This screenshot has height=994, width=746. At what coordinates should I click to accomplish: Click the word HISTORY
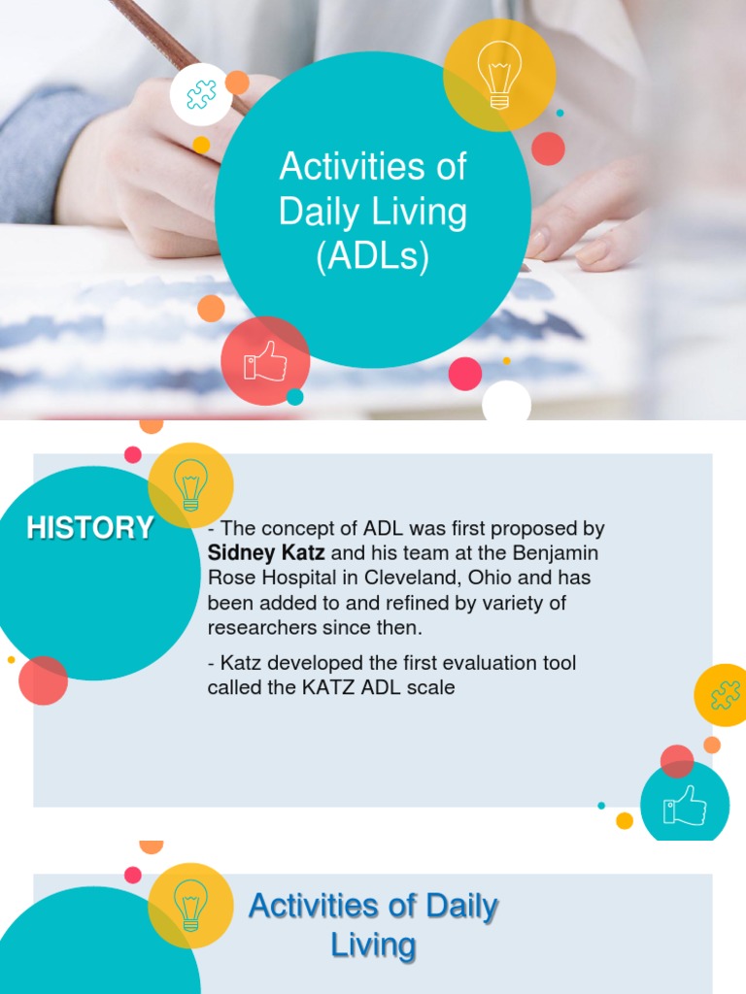coord(90,528)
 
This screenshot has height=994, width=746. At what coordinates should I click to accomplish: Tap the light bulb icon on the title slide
coord(499,74)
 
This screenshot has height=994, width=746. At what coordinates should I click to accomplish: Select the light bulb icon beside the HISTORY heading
coord(190,484)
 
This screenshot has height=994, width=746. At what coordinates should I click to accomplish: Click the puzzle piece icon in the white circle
coord(201,94)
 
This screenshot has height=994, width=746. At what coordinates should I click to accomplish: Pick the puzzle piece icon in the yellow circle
coord(725,695)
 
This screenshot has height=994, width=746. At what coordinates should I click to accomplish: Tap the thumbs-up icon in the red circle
coord(265,360)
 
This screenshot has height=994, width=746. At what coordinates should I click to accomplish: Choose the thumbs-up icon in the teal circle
coord(685,806)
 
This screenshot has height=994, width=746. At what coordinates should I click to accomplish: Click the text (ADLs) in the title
coord(373,258)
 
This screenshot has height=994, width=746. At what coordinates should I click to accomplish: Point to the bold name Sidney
coord(242,553)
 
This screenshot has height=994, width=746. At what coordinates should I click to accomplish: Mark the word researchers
coord(260,628)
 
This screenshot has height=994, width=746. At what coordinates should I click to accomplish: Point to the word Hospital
coord(291,579)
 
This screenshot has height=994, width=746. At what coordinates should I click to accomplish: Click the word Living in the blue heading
coord(373,944)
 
